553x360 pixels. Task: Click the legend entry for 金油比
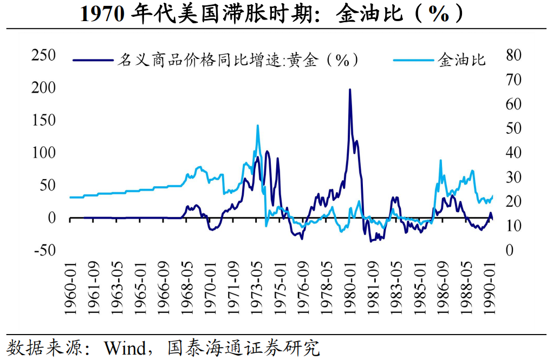[x=461, y=60]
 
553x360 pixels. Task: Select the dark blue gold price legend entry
[x=238, y=60]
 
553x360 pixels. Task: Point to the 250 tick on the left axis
[x=43, y=55]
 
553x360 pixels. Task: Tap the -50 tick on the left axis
[x=44, y=251]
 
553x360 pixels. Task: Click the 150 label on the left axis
[x=43, y=120]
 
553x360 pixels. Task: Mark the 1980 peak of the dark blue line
[x=349, y=90]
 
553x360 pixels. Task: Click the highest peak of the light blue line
[x=257, y=126]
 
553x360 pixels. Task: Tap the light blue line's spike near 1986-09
[x=440, y=161]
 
